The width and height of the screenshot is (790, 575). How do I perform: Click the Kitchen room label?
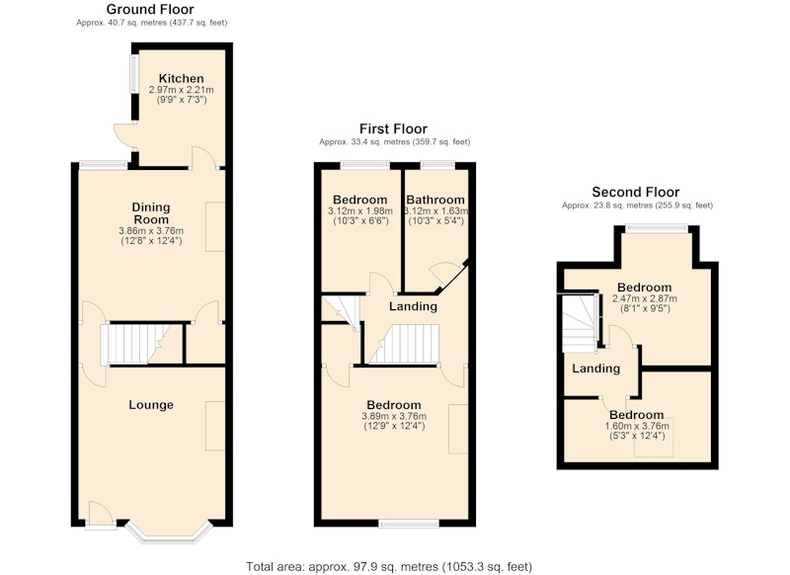182,79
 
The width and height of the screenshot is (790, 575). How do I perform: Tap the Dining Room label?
151,213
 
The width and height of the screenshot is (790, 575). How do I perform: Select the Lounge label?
151,405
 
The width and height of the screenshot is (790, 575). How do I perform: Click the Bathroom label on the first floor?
435,200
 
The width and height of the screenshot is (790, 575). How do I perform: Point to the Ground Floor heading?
150,9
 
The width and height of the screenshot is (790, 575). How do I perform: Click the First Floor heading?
393,128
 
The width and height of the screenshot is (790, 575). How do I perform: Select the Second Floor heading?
636,192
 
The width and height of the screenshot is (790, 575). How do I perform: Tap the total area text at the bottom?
389,566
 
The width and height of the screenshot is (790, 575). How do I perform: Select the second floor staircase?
580,323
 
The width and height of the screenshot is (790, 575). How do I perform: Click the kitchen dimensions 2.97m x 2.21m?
182,90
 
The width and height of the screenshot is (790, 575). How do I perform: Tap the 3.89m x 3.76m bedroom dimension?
394,416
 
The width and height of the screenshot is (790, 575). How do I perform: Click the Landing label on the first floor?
413,306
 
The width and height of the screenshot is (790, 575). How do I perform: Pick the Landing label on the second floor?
596,369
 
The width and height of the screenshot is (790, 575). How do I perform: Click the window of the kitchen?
134,73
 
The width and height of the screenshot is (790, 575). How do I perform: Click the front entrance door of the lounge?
101,515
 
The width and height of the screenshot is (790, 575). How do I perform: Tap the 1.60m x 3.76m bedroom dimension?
637,427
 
